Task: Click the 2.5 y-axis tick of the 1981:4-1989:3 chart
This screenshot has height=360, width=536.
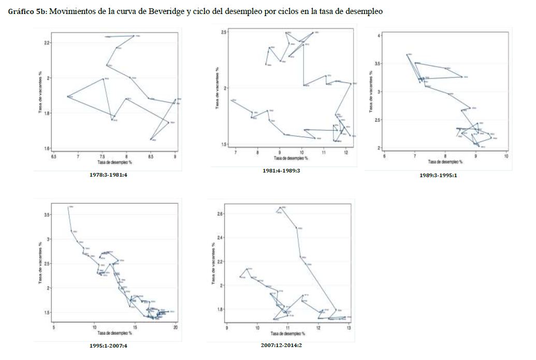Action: [x=225, y=32]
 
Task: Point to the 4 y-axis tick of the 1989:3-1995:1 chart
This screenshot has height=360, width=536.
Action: [x=380, y=35]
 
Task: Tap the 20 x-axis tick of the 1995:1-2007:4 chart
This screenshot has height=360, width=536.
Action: [x=176, y=327]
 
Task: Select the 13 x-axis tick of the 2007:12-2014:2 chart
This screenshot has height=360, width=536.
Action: [x=349, y=328]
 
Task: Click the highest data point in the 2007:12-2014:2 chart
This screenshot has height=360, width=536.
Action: [x=280, y=208]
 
